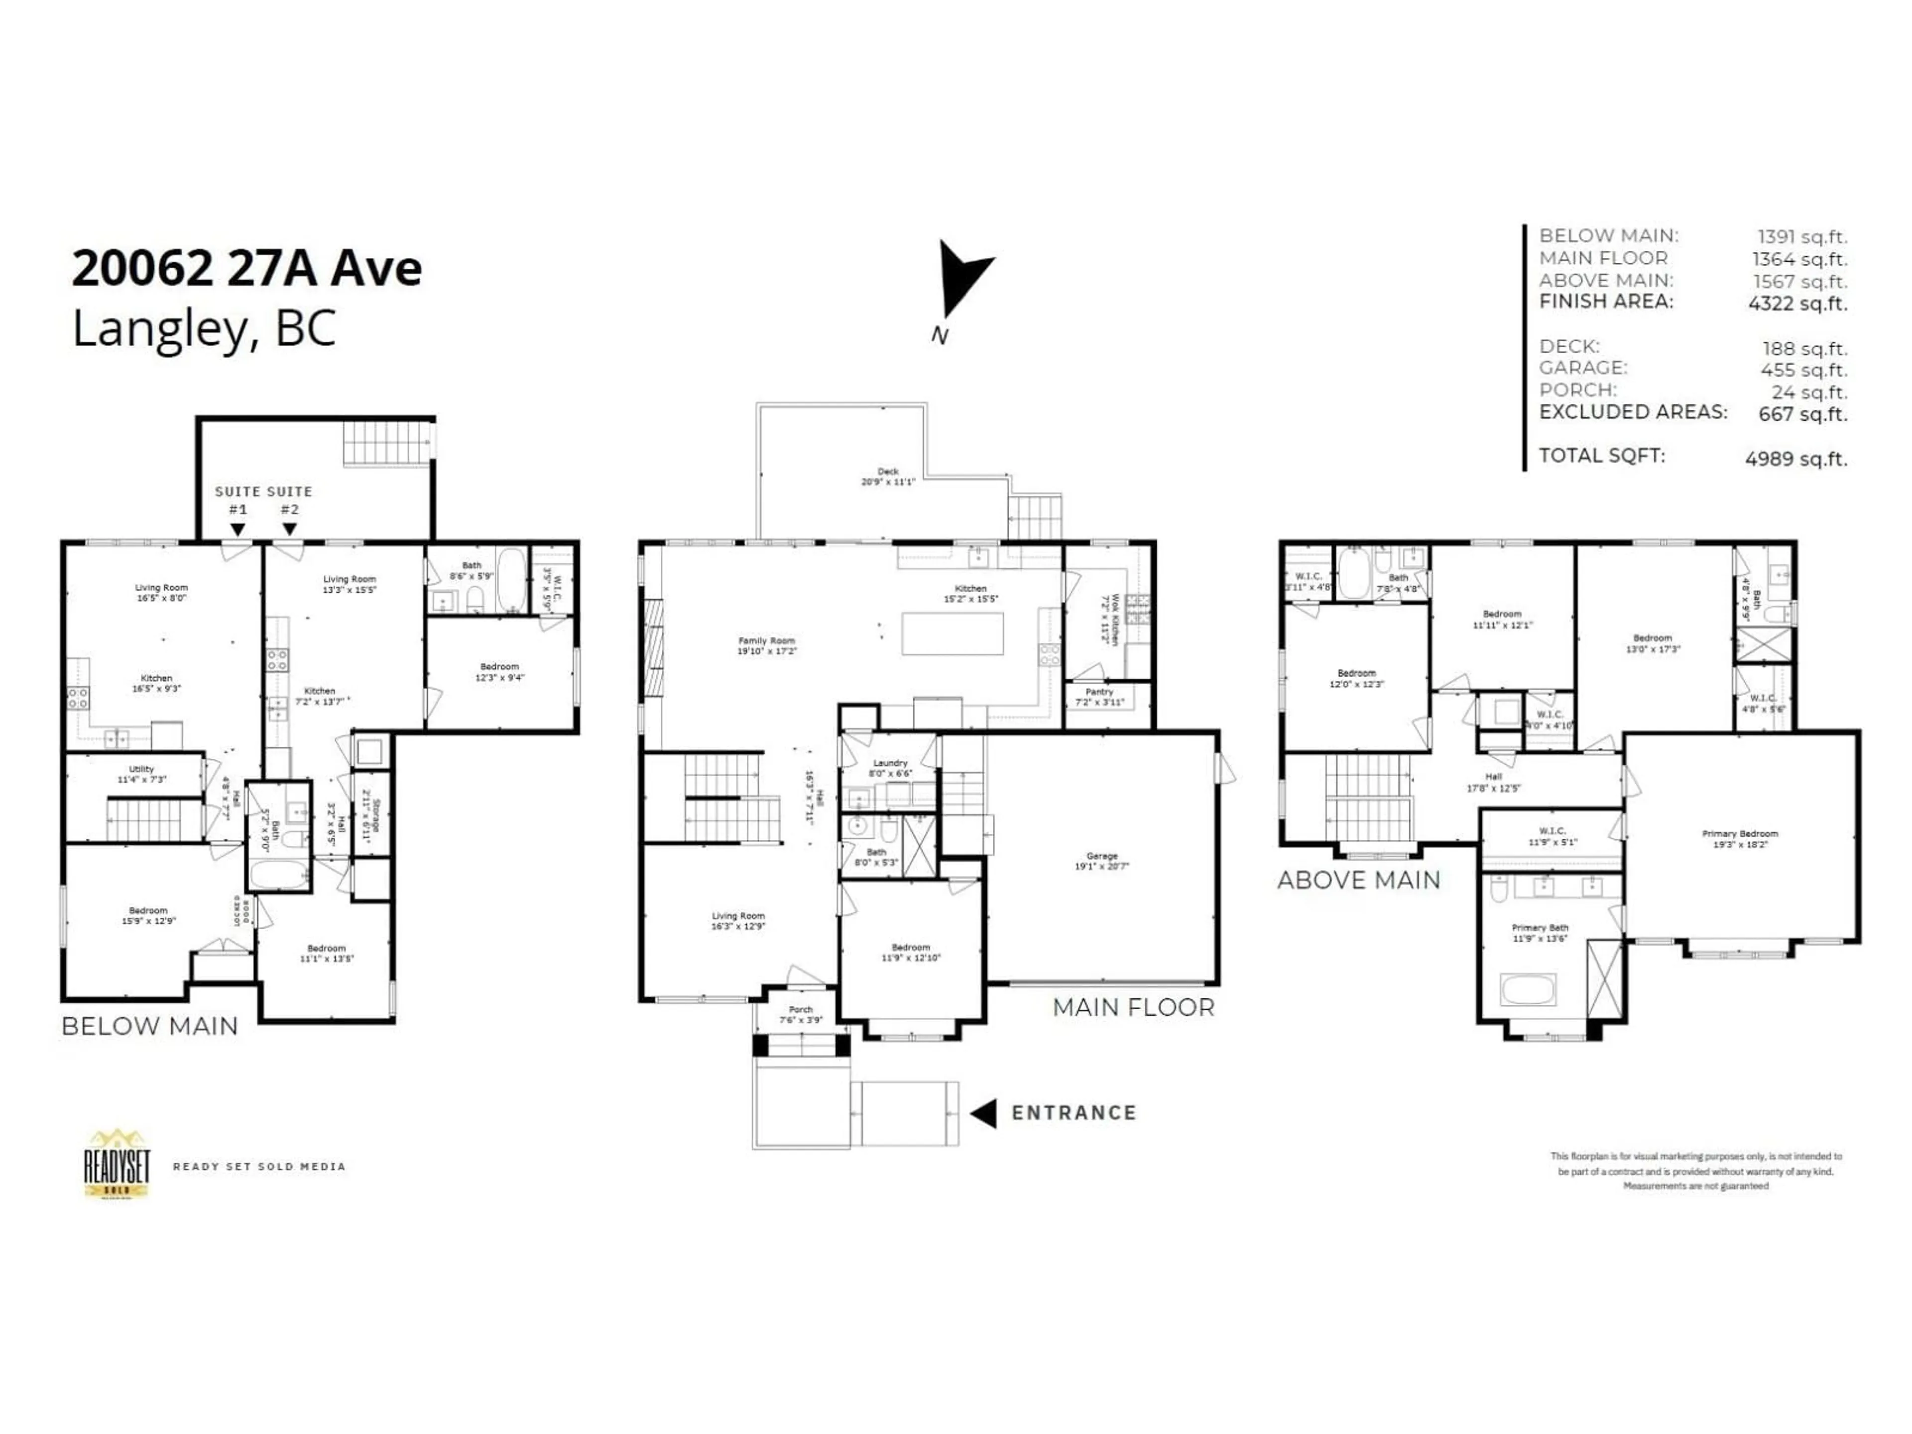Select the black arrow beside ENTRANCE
pyautogui.click(x=984, y=1113)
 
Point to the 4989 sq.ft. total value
pyautogui.click(x=1795, y=459)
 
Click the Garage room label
pyautogui.click(x=1102, y=861)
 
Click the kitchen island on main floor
pyautogui.click(x=953, y=633)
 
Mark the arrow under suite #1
pyautogui.click(x=238, y=529)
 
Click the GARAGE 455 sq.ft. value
pyautogui.click(x=1804, y=370)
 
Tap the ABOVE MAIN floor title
pyautogui.click(x=1359, y=880)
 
